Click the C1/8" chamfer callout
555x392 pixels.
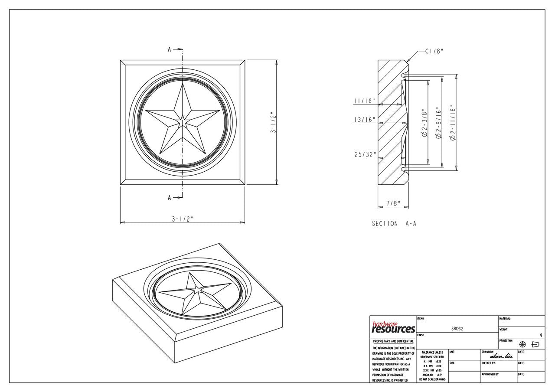434,52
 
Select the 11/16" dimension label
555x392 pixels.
364,101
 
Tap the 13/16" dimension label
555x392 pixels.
364,120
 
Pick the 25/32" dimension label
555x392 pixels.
364,155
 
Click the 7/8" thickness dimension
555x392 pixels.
393,203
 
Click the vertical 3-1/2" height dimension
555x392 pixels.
274,123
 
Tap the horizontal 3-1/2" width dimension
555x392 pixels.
182,219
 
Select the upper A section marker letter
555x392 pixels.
170,49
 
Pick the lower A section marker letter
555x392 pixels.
170,198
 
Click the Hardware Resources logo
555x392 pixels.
393,328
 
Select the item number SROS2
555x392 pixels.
457,329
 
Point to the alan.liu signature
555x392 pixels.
501,356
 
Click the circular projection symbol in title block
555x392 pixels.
522,344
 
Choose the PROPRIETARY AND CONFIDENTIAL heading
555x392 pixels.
393,342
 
